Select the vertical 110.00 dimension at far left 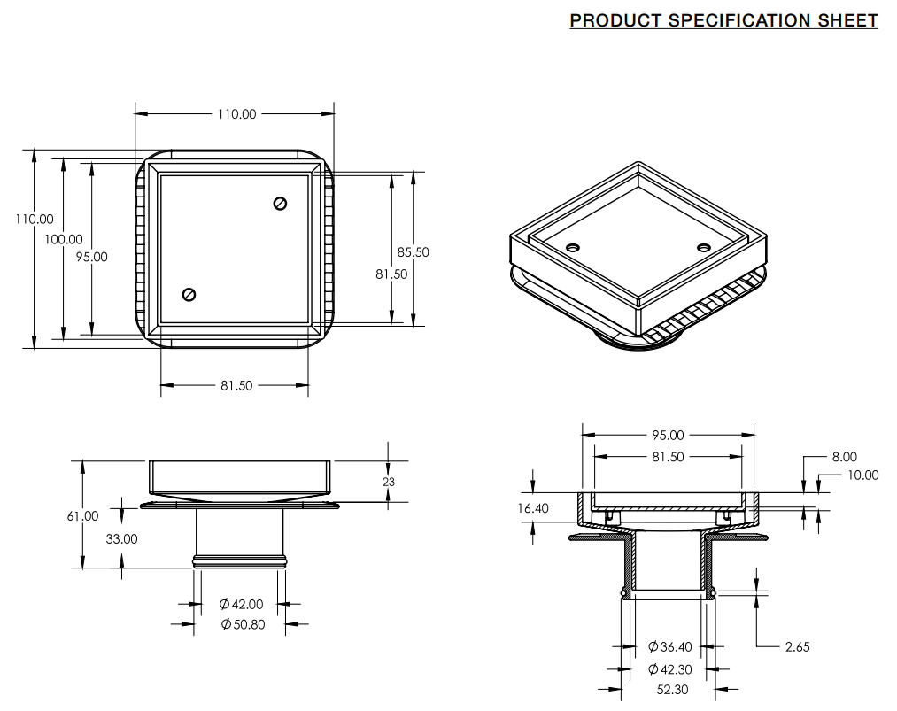click(34, 219)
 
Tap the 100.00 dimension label click(64, 239)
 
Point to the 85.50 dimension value click(413, 252)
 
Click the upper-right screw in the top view click(281, 204)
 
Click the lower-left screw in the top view click(188, 295)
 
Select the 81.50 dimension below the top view click(236, 385)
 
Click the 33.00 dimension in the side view click(120, 538)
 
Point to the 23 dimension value click(389, 482)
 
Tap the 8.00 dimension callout click(844, 457)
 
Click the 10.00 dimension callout click(862, 475)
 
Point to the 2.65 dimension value click(797, 647)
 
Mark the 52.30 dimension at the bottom click(671, 689)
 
